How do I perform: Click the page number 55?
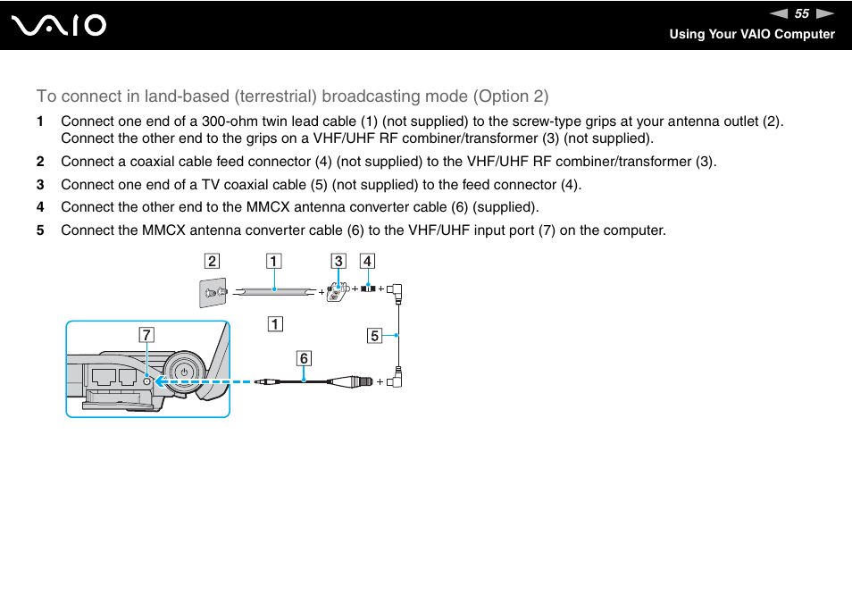click(801, 13)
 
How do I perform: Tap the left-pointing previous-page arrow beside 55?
click(779, 13)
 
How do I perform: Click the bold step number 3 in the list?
click(39, 185)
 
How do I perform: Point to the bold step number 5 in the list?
click(39, 230)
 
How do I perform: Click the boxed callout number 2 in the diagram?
click(212, 262)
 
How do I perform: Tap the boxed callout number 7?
click(146, 335)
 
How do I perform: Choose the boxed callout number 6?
click(304, 358)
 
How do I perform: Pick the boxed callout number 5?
click(375, 336)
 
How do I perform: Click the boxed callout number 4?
click(367, 262)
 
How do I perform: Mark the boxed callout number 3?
click(338, 262)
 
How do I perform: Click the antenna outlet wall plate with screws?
click(212, 292)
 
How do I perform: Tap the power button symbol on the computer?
click(183, 372)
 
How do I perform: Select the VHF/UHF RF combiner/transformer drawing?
click(337, 291)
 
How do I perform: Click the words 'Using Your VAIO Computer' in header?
click(752, 34)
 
